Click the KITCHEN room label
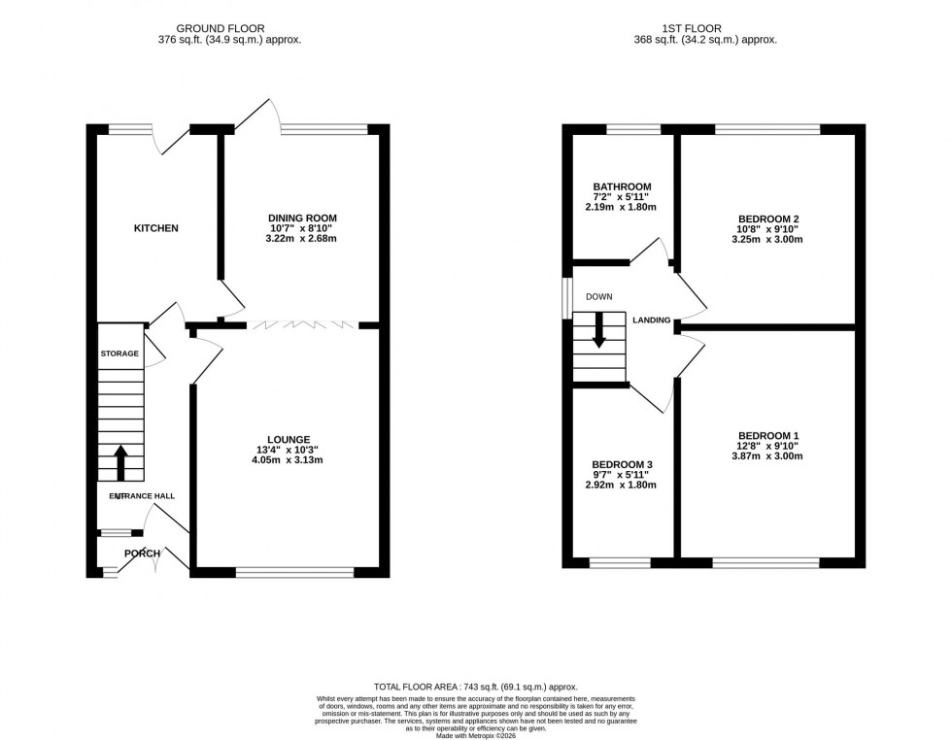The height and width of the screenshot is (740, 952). click(x=155, y=228)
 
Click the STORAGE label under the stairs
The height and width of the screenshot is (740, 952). click(x=119, y=353)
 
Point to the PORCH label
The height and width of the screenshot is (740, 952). click(x=142, y=554)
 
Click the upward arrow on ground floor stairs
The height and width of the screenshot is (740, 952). click(x=120, y=462)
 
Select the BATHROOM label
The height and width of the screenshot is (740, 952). click(x=622, y=186)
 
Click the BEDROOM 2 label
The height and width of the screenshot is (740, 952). click(x=768, y=219)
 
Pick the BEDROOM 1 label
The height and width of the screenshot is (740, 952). click(x=768, y=435)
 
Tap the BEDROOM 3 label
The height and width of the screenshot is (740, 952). click(x=622, y=465)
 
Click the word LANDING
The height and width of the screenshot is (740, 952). click(x=653, y=320)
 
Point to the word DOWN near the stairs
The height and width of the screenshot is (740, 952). click(x=598, y=297)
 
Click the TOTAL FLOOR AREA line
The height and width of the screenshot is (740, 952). click(x=475, y=686)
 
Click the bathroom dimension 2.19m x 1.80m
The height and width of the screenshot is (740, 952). click(x=622, y=207)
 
